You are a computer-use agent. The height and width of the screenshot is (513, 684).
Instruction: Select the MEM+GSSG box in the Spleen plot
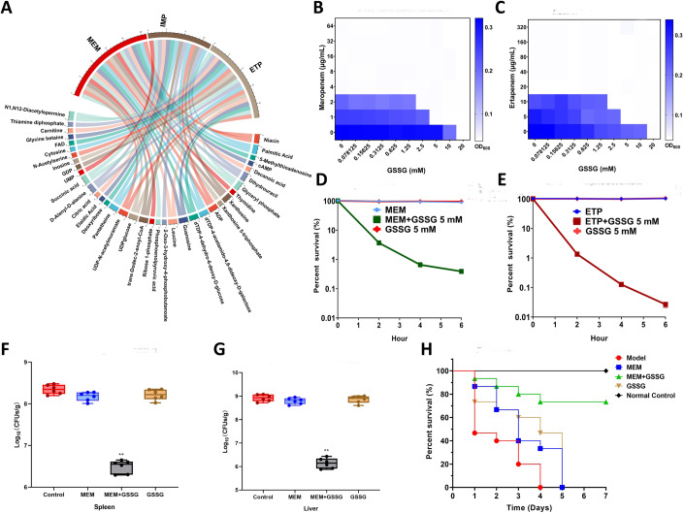coord(148,467)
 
